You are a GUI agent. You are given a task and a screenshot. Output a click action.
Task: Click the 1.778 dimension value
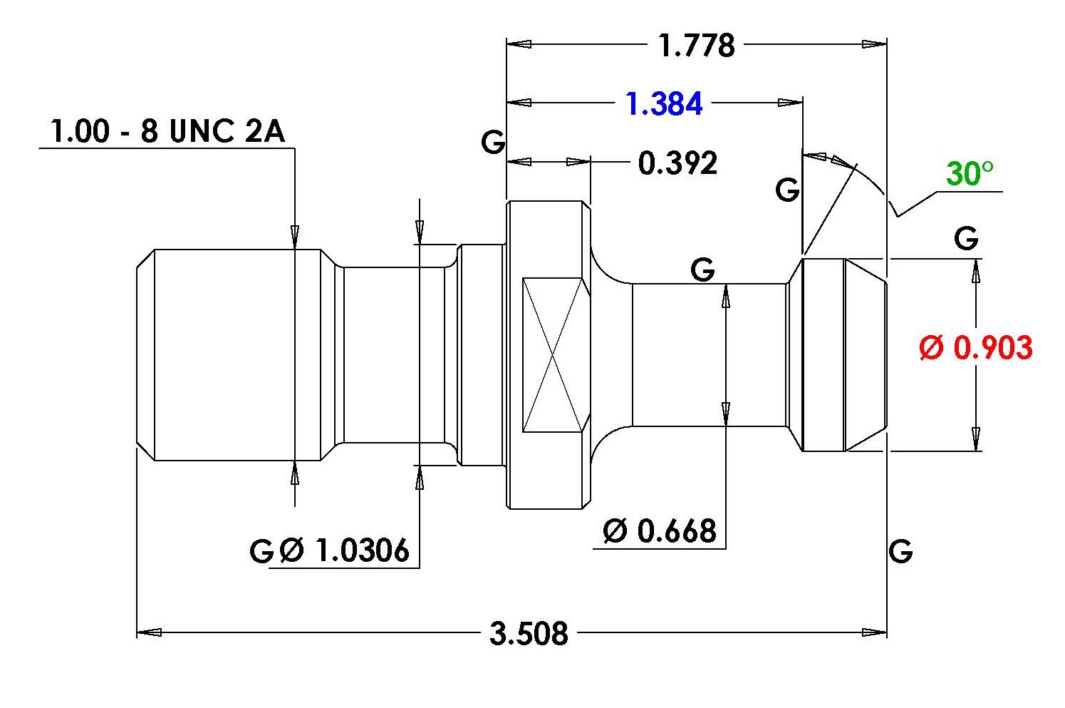pyautogui.click(x=696, y=46)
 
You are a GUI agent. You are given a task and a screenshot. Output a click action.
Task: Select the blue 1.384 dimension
pyautogui.click(x=664, y=103)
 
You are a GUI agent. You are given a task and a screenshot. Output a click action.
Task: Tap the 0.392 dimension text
pyautogui.click(x=677, y=163)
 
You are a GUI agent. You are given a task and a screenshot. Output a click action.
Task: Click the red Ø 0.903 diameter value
pyautogui.click(x=976, y=347)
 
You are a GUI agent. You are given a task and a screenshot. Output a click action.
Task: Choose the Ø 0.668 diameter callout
pyautogui.click(x=660, y=530)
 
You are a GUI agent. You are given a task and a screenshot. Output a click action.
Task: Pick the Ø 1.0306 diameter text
pyautogui.click(x=344, y=550)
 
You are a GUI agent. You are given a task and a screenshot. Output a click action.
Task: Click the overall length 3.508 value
pyautogui.click(x=529, y=633)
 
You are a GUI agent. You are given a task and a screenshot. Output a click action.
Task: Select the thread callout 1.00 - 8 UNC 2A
pyautogui.click(x=168, y=131)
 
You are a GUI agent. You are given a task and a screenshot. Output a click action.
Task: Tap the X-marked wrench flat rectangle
pyautogui.click(x=553, y=355)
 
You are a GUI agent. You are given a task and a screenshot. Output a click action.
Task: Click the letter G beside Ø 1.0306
pyautogui.click(x=261, y=551)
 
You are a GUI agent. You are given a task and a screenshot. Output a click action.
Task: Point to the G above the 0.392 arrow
pyautogui.click(x=493, y=142)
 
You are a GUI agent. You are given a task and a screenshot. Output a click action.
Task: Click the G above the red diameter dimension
pyautogui.click(x=966, y=238)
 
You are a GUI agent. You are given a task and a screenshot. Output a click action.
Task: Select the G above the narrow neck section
pyautogui.click(x=702, y=270)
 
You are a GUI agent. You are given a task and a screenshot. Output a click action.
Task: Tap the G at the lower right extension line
pyautogui.click(x=900, y=551)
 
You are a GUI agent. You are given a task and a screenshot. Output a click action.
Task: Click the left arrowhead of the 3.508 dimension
pyautogui.click(x=149, y=632)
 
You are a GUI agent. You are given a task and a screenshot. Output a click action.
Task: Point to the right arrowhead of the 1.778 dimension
pyautogui.click(x=874, y=44)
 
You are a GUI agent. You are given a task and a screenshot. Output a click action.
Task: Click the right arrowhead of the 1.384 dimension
pyautogui.click(x=790, y=103)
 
